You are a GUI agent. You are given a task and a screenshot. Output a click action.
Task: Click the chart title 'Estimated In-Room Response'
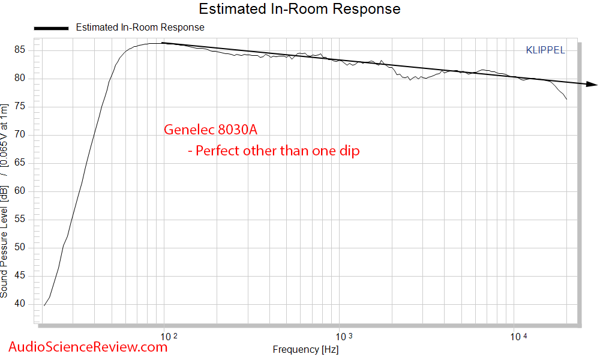click(x=299, y=9)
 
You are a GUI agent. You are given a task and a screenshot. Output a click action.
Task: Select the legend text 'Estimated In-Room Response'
click(x=140, y=28)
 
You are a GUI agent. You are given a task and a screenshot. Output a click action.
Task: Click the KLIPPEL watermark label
click(x=545, y=50)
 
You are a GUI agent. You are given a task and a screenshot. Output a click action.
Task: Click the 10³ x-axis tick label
click(x=341, y=337)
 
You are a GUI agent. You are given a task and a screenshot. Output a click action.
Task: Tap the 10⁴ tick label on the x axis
click(x=517, y=337)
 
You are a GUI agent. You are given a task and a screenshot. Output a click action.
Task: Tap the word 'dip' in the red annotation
click(x=349, y=151)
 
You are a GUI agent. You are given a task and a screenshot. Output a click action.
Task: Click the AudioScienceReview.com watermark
click(x=88, y=346)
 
